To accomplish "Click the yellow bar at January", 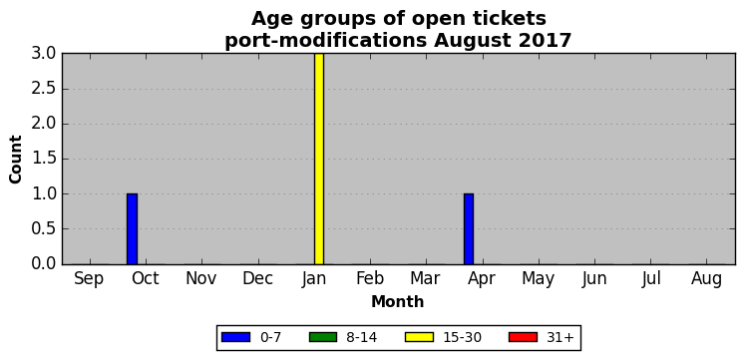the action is [319, 159].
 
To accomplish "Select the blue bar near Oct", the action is [132, 229].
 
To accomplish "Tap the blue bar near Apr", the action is [469, 229].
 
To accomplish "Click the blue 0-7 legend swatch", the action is [235, 337].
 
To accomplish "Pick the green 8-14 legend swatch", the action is [323, 337].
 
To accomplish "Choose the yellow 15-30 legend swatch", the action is [419, 337].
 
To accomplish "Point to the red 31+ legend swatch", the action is [523, 337].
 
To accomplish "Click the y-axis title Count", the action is [16, 159].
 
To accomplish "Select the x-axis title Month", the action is [398, 301].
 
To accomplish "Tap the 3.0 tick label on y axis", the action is [44, 54].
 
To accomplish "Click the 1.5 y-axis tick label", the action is [44, 159].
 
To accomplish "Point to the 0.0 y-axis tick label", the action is [44, 263].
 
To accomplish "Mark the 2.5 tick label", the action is [44, 89].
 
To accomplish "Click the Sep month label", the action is [89, 279].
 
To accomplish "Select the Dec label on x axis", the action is [257, 279].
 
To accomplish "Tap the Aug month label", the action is [706, 279].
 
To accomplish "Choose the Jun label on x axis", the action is [594, 279].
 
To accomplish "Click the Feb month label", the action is [370, 279].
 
